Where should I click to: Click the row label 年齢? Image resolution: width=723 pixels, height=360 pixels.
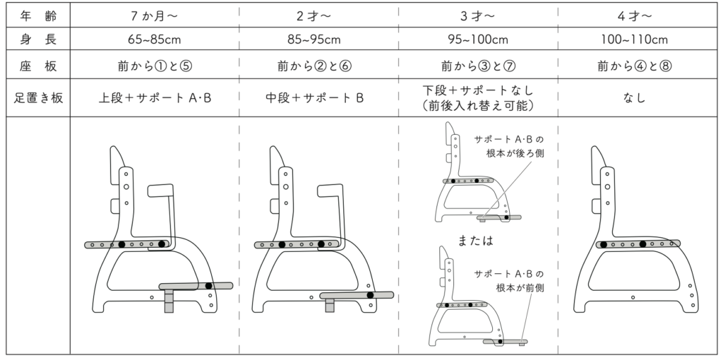(35, 14)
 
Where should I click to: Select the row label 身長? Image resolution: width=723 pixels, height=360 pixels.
(35, 40)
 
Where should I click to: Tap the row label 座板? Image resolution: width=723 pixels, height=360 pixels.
(35, 67)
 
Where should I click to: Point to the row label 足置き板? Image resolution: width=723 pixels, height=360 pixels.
(35, 98)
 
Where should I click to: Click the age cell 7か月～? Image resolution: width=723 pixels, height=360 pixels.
(155, 14)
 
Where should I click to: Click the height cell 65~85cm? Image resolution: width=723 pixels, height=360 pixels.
(155, 40)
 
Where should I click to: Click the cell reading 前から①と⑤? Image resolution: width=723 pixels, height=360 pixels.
(155, 67)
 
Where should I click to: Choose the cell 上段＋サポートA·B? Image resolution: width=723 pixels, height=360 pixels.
(155, 98)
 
